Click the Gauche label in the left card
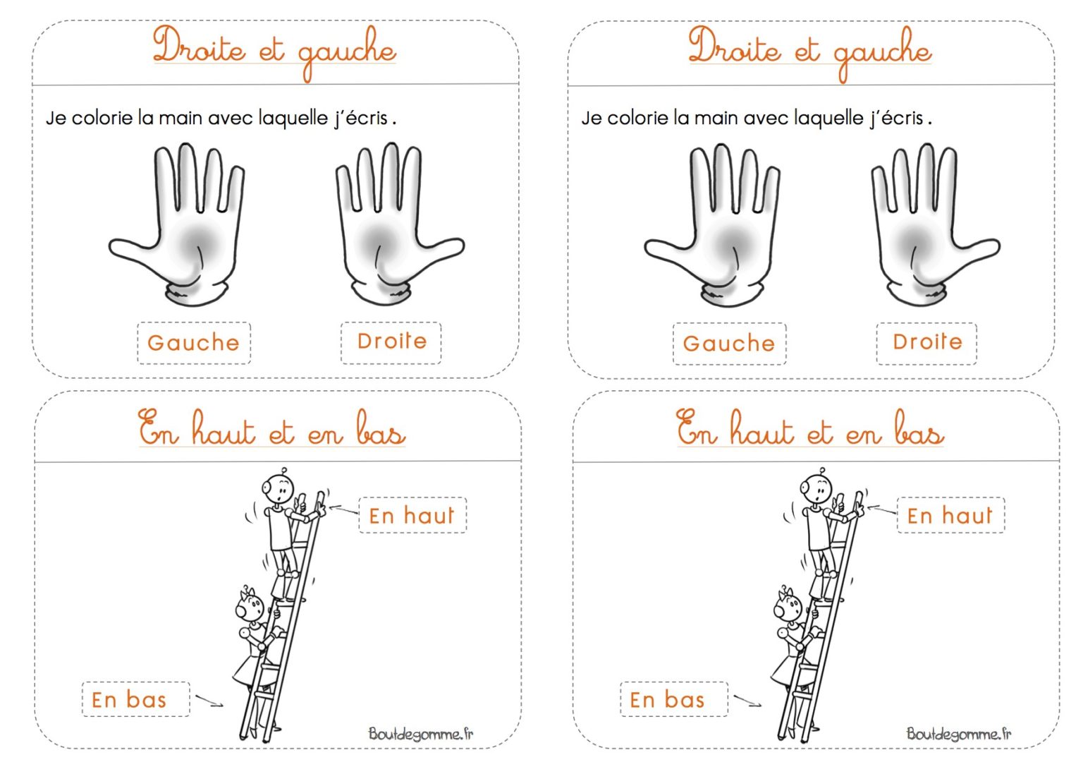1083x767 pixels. point(193,343)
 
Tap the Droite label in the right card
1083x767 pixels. point(926,342)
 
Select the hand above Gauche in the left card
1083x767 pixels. point(183,226)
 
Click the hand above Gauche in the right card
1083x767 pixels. point(719,226)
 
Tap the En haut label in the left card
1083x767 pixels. point(412,516)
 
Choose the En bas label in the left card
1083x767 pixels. point(129,700)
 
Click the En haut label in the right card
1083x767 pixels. point(950,516)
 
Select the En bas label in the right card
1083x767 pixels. point(667,700)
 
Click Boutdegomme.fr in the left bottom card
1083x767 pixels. point(421,734)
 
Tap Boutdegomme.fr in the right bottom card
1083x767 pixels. point(959,734)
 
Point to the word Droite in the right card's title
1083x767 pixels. point(734,48)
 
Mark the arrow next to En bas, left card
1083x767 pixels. point(209,701)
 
